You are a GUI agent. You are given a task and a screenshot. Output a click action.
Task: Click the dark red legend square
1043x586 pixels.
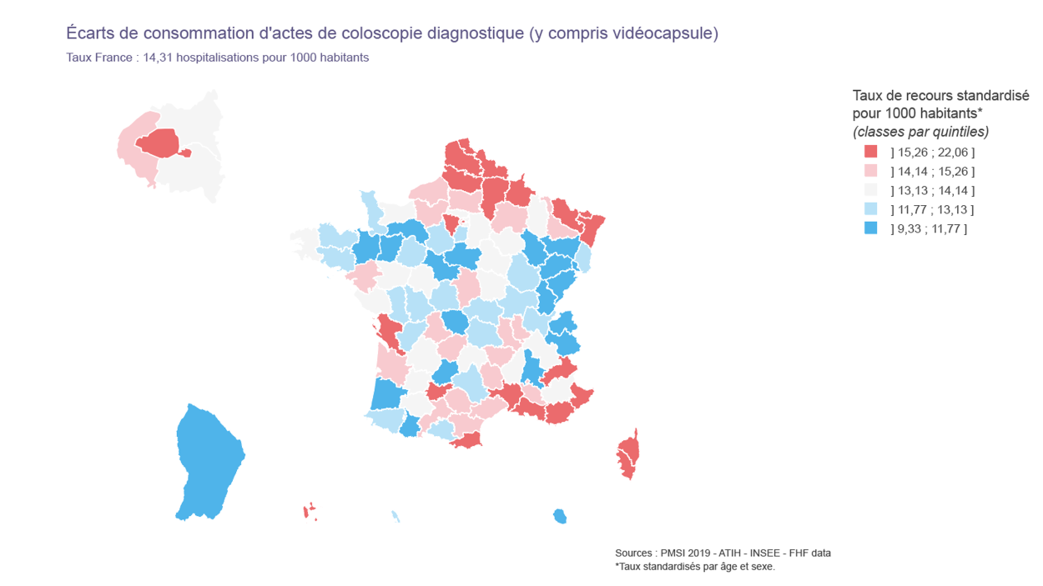click(x=871, y=152)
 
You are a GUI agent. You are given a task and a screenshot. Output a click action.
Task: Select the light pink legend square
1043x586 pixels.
click(x=871, y=171)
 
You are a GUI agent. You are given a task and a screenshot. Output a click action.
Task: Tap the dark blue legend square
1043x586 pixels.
click(x=871, y=228)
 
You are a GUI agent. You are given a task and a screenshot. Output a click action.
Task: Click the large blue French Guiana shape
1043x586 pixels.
click(x=208, y=463)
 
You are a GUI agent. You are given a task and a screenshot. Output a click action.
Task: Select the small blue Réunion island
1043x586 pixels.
click(x=560, y=517)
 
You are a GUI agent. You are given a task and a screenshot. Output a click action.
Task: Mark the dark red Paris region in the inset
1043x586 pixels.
click(x=160, y=143)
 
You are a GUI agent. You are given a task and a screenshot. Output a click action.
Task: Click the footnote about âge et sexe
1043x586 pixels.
click(x=695, y=567)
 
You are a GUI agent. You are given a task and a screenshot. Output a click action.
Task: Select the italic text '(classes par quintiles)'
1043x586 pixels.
click(x=920, y=132)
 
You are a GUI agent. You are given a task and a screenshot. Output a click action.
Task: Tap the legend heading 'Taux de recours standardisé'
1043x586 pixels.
click(x=940, y=95)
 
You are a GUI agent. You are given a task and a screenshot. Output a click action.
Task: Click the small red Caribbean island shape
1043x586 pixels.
click(x=308, y=511)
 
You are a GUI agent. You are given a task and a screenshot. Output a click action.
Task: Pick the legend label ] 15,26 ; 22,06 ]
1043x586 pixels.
click(x=932, y=153)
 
